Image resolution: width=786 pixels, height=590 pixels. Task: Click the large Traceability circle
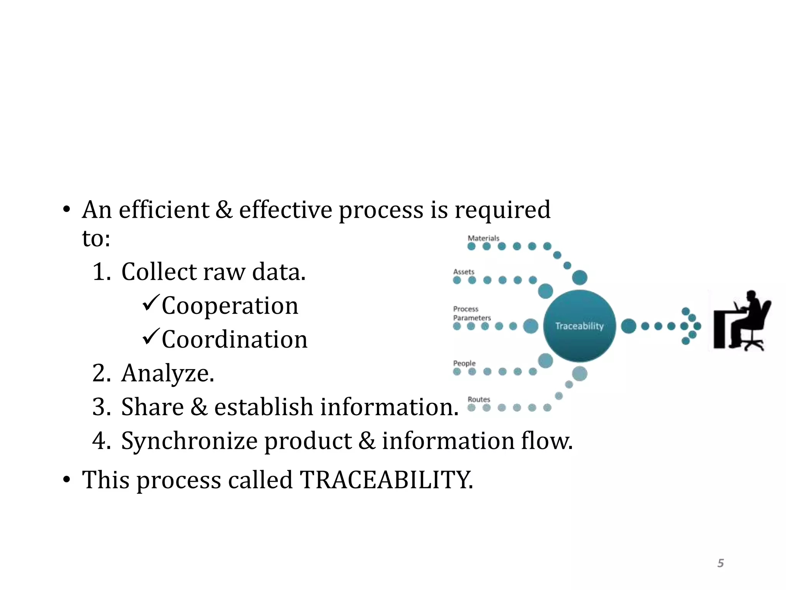pyautogui.click(x=580, y=326)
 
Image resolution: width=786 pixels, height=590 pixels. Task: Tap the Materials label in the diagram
pyautogui.click(x=483, y=238)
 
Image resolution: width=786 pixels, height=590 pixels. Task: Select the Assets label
pyautogui.click(x=464, y=272)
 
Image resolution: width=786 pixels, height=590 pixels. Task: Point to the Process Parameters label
pyautogui.click(x=471, y=313)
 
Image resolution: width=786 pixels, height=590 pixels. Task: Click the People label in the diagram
pyautogui.click(x=464, y=363)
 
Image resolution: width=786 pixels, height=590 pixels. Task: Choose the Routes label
pyautogui.click(x=479, y=399)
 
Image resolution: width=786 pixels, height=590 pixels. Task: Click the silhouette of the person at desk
pyautogui.click(x=743, y=321)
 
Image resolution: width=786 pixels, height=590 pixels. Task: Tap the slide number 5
pyautogui.click(x=720, y=563)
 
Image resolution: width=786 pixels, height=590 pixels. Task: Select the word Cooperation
pyautogui.click(x=230, y=306)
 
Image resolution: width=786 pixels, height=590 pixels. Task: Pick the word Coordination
pyautogui.click(x=234, y=340)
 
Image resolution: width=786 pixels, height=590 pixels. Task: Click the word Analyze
pyautogui.click(x=167, y=373)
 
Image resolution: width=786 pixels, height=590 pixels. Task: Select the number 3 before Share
pyautogui.click(x=101, y=407)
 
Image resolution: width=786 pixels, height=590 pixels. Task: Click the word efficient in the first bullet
pyautogui.click(x=164, y=210)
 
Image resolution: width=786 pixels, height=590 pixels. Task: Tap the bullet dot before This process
pyautogui.click(x=67, y=480)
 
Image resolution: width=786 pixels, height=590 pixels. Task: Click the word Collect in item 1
pyautogui.click(x=159, y=272)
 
